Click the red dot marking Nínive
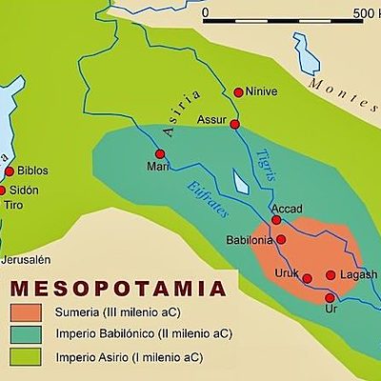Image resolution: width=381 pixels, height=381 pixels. click(239, 92)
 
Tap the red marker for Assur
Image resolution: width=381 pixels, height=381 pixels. click(234, 124)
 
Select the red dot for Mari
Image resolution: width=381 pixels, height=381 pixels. click(160, 153)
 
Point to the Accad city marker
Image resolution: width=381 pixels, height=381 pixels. click(276, 220)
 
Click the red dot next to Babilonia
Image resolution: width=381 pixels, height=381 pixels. click(281, 239)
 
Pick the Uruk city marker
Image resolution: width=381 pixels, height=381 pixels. click(307, 278)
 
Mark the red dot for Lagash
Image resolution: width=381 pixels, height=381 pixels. click(331, 275)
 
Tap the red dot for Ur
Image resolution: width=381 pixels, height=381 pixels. click(330, 298)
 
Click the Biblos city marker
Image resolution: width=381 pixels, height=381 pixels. click(10, 171)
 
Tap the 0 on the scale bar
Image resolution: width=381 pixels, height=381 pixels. click(205, 12)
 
